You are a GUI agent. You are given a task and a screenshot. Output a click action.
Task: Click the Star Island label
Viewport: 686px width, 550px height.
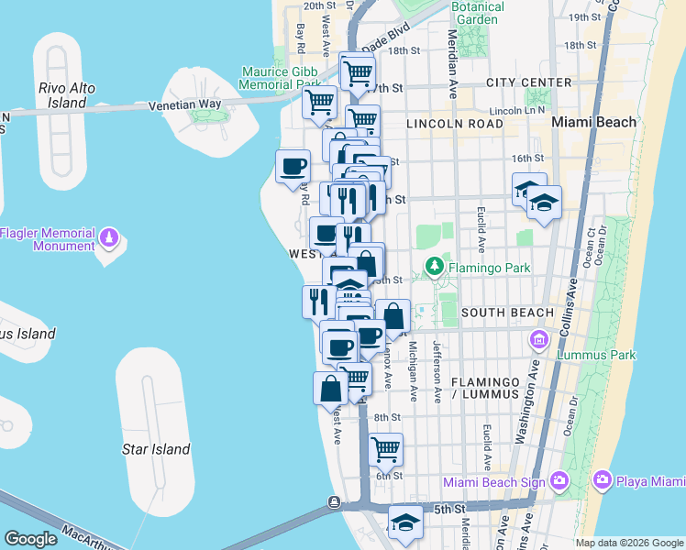coord(156,449)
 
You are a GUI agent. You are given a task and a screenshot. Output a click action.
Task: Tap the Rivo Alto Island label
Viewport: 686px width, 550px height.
coord(62,95)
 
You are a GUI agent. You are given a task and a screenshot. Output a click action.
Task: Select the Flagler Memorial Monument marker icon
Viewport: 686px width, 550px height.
coord(109,237)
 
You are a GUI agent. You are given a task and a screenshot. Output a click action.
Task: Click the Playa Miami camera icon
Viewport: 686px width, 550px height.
coord(603,479)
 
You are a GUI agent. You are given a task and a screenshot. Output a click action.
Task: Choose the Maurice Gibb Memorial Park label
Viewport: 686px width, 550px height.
coord(282,78)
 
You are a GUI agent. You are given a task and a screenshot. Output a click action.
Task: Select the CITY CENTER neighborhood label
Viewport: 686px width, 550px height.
coord(529,83)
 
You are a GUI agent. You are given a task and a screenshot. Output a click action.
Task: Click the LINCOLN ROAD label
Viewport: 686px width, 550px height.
coord(459,124)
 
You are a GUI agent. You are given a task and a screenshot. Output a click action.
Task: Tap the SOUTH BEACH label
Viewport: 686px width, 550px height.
coord(507,313)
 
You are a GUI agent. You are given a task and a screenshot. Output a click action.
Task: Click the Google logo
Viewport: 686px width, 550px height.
coord(30,539)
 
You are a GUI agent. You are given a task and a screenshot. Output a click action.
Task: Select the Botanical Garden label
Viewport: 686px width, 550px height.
coord(478,13)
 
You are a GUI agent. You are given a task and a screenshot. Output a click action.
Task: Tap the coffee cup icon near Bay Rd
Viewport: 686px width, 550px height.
coord(293,166)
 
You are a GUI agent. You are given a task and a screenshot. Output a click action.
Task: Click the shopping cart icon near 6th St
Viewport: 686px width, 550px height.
coord(386,448)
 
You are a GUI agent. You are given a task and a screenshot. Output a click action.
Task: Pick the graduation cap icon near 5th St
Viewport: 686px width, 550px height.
coord(404,522)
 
